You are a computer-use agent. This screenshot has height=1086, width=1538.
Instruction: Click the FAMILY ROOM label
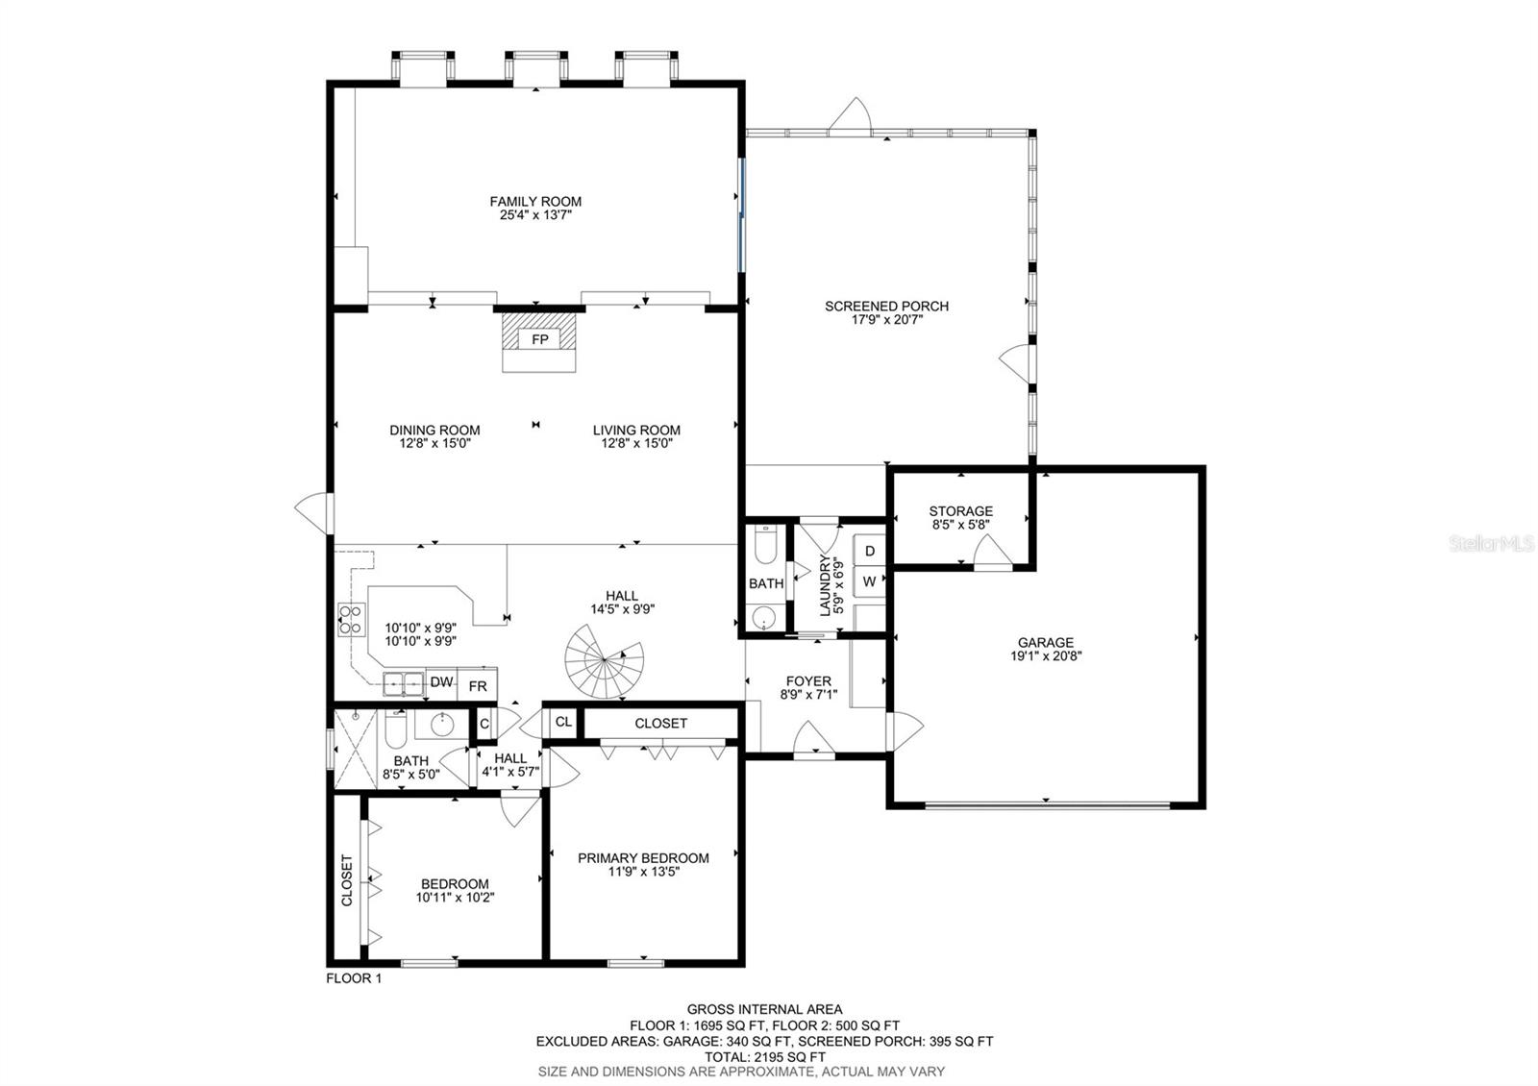(x=535, y=202)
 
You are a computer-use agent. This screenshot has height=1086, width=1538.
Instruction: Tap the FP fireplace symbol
(x=539, y=339)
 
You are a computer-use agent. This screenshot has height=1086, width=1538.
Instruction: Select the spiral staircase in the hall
(x=605, y=661)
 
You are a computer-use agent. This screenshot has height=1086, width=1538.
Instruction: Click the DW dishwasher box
(x=441, y=681)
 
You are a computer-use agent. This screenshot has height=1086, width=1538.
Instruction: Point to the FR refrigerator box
(x=478, y=686)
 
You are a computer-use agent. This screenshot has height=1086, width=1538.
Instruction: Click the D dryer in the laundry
(x=870, y=551)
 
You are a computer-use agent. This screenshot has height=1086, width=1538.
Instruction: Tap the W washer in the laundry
(x=870, y=581)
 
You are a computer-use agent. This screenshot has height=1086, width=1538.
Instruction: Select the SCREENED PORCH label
(x=887, y=307)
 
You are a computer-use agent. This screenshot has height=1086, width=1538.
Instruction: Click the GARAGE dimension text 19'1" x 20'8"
(x=1046, y=655)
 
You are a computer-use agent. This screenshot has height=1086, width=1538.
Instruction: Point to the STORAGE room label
(x=960, y=511)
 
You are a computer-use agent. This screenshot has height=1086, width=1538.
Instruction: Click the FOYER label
(x=808, y=681)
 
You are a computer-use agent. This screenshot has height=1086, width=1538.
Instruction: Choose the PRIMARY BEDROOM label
(x=643, y=858)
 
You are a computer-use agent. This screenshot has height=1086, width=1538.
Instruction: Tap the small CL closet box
(x=563, y=722)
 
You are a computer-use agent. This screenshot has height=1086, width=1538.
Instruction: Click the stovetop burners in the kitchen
(x=351, y=619)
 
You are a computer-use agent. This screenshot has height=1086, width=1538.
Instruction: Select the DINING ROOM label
(x=434, y=431)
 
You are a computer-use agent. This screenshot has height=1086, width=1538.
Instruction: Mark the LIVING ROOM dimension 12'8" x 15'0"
(x=636, y=443)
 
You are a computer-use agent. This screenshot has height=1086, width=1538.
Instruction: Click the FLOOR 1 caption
(x=354, y=978)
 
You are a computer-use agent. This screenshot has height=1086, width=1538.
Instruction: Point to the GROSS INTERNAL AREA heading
(x=765, y=1009)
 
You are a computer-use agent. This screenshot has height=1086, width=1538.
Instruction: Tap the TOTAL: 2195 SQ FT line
(x=765, y=1057)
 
